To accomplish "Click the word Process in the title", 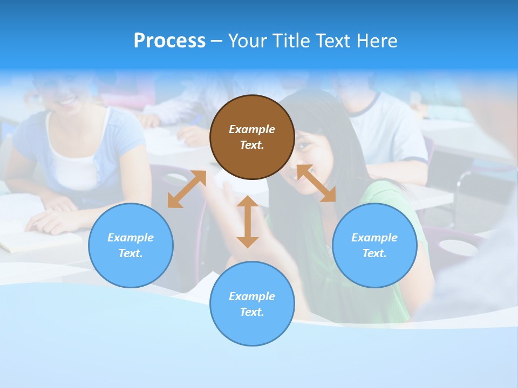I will [169, 41].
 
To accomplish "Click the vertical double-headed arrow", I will [248, 221].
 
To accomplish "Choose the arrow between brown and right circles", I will [316, 184].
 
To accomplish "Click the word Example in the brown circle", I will [252, 129].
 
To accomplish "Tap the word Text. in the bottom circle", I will [252, 312].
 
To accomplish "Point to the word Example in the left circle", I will [131, 238].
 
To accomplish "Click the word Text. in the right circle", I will [374, 253].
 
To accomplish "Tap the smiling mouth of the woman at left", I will [68, 100].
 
